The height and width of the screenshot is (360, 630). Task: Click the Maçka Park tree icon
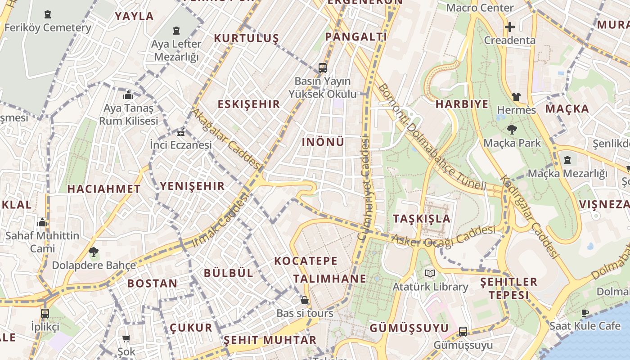pyautogui.click(x=512, y=130)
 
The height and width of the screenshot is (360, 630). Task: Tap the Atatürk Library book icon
pyautogui.click(x=430, y=273)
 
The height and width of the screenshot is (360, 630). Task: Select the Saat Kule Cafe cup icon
pyautogui.click(x=585, y=313)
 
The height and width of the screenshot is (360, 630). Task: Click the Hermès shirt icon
pyautogui.click(x=516, y=96)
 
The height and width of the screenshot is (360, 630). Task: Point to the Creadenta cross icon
pyautogui.click(x=509, y=27)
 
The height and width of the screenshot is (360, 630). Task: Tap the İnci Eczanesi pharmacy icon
pyautogui.click(x=181, y=133)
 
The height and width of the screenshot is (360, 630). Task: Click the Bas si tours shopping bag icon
pyautogui.click(x=305, y=300)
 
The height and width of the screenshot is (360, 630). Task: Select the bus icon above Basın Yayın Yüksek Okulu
pyautogui.click(x=322, y=68)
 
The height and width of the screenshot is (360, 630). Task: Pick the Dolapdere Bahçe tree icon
pyautogui.click(x=94, y=252)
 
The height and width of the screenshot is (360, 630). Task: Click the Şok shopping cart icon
pyautogui.click(x=126, y=338)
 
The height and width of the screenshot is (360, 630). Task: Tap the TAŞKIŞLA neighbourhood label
pyautogui.click(x=422, y=219)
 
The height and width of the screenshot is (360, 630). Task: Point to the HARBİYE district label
pyautogui.click(x=462, y=104)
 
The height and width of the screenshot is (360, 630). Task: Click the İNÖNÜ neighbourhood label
pyautogui.click(x=323, y=142)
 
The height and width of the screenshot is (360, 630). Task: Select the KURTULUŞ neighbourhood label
pyautogui.click(x=246, y=38)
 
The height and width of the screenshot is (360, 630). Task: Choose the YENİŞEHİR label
pyautogui.click(x=192, y=186)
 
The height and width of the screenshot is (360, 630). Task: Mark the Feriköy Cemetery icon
pyautogui.click(x=48, y=15)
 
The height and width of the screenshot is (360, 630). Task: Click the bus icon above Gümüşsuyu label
pyautogui.click(x=463, y=332)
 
